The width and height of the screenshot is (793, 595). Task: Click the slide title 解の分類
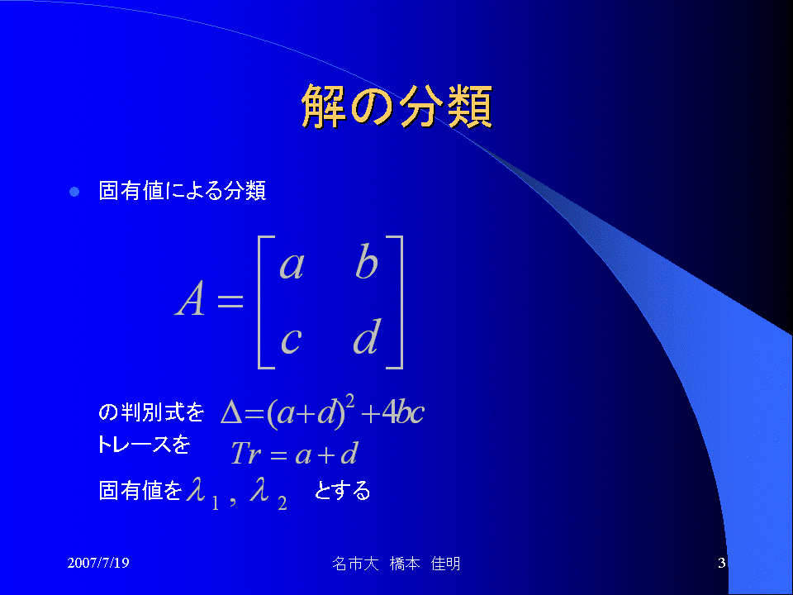click(x=397, y=107)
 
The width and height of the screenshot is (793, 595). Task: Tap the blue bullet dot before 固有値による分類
click(x=74, y=192)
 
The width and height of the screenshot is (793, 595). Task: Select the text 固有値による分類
click(x=182, y=191)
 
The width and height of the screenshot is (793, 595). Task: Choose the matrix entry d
click(x=367, y=336)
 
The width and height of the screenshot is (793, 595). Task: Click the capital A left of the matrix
click(x=190, y=298)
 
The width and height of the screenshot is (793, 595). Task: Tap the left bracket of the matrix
click(x=260, y=302)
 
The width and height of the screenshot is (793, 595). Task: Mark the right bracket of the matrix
click(x=401, y=302)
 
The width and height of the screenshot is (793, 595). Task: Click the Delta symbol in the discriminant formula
click(x=232, y=413)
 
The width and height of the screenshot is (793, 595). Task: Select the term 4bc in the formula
click(x=404, y=412)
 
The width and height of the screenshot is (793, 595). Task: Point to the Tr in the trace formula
click(x=246, y=453)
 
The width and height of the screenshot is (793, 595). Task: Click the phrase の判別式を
click(x=151, y=412)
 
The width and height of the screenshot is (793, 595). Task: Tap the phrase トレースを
click(x=144, y=445)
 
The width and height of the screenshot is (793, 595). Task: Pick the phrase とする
click(x=342, y=490)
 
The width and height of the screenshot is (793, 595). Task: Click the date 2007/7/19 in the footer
click(x=98, y=563)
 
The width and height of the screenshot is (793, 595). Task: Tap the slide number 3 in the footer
click(x=722, y=563)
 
